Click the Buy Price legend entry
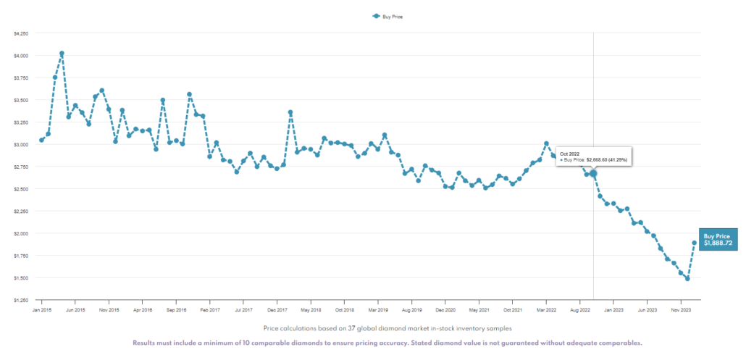387,15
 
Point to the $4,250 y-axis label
21,33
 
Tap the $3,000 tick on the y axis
21,144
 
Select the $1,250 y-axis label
21,300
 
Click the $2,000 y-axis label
21,233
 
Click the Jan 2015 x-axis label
42,309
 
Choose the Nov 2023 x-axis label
680,309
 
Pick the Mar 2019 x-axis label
378,309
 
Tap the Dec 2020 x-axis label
445,309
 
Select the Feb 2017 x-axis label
209,309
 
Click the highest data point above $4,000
62,53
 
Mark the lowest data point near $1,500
687,278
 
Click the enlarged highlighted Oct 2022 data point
593,174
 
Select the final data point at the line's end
695,243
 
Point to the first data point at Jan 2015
41,140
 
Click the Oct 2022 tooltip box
593,156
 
